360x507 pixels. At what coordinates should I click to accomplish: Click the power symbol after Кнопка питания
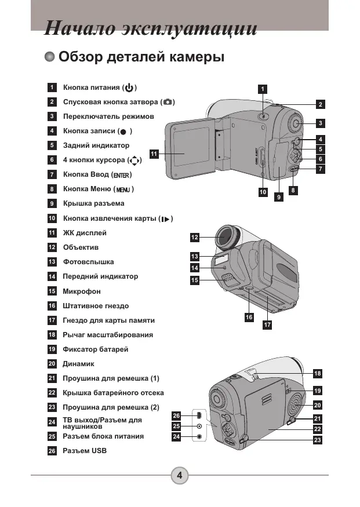[129, 87]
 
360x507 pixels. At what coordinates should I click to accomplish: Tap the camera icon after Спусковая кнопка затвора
[168, 102]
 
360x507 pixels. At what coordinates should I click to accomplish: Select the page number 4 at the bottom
[180, 475]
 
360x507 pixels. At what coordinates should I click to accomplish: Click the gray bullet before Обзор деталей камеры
[50, 57]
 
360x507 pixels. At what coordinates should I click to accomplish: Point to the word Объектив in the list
[81, 247]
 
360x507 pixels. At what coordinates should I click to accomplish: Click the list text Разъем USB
[85, 451]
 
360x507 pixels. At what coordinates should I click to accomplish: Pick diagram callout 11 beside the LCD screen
[154, 154]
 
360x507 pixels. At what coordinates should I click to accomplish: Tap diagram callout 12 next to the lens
[194, 238]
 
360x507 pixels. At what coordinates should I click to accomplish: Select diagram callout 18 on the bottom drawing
[318, 374]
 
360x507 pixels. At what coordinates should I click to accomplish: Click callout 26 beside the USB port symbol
[176, 416]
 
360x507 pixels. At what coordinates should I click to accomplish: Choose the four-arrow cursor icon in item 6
[134, 161]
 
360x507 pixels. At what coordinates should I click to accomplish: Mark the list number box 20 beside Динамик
[52, 364]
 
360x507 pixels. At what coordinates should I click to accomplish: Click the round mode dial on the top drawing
[295, 123]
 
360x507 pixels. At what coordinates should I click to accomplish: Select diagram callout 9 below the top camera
[279, 196]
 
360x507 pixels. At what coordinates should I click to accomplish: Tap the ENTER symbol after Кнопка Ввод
[122, 175]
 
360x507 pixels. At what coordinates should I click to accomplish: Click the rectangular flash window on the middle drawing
[221, 260]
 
